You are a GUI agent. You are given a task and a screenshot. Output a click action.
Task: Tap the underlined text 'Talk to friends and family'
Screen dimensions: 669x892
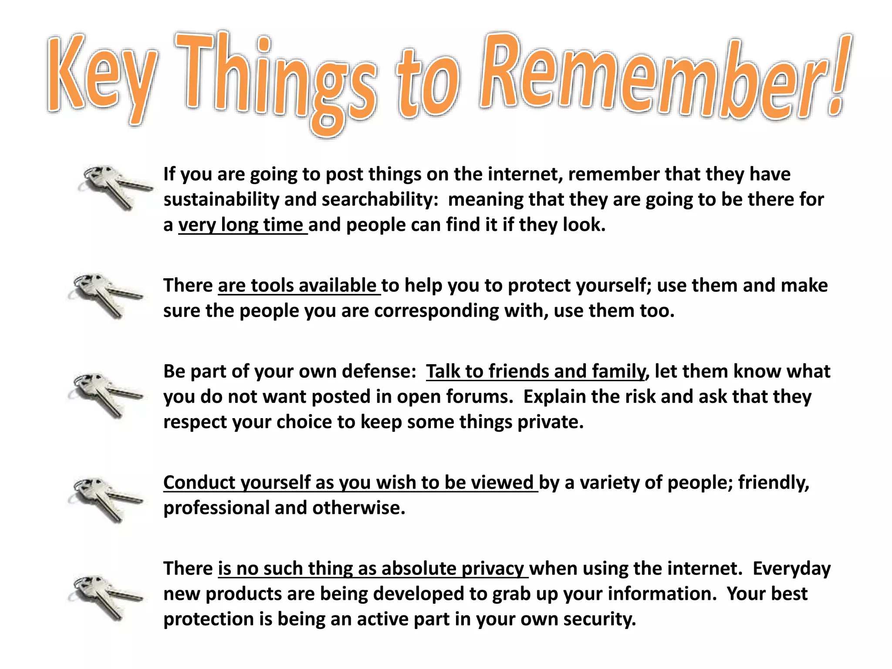pos(535,372)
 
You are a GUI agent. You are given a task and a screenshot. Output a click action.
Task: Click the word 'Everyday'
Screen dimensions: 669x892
pos(791,569)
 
